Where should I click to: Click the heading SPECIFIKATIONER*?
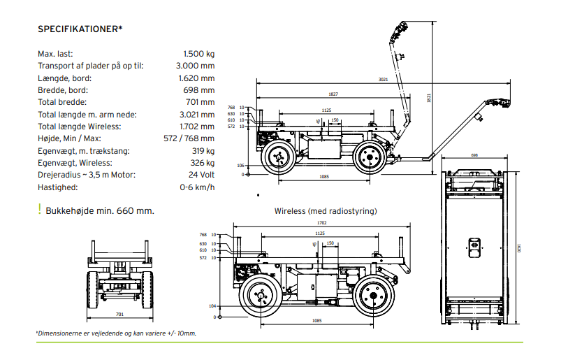pos(80,29)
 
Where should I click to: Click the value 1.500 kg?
pos(198,53)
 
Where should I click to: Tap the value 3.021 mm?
pos(196,115)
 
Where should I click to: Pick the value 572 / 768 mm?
pos(189,138)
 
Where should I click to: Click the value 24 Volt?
pos(201,175)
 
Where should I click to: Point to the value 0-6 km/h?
pos(197,187)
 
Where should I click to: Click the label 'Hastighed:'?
pos(58,187)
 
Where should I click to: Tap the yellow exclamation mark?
pos(40,209)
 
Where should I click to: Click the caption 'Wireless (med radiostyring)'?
pos(326,211)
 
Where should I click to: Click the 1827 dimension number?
pos(333,94)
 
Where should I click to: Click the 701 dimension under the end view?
pos(119,314)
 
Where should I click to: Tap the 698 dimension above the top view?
pos(474,155)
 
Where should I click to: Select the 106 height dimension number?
pos(240,165)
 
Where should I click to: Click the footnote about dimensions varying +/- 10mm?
pos(117,333)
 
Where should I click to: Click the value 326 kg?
pos(201,163)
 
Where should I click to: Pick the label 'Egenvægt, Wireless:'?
pos(75,163)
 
